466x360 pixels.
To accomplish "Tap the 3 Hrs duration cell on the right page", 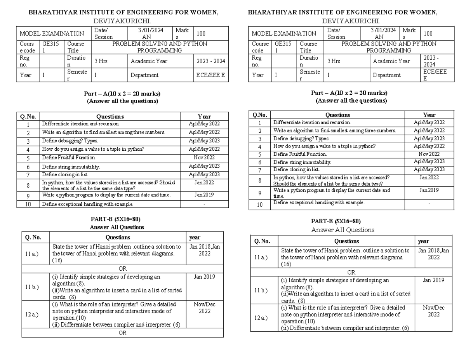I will (x=334, y=61).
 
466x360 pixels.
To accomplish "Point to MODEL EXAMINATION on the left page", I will (x=52, y=34).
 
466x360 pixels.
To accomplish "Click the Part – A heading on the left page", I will (x=122, y=94).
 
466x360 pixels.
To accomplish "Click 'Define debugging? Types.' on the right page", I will (x=301, y=138).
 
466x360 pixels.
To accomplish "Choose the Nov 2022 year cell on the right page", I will (x=429, y=154).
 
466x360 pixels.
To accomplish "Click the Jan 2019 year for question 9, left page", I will (x=204, y=195).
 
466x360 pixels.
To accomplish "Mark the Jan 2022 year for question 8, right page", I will (x=429, y=177).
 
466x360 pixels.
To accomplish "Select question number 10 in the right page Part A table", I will (x=260, y=204).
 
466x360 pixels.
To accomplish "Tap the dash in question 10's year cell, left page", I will (x=204, y=204).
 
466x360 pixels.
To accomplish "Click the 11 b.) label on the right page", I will (x=260, y=290).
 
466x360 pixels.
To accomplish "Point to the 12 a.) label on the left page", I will (x=31, y=314).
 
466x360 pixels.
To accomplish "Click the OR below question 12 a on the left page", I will (x=122, y=333).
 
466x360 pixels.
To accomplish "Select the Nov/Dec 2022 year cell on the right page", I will (x=434, y=311).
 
